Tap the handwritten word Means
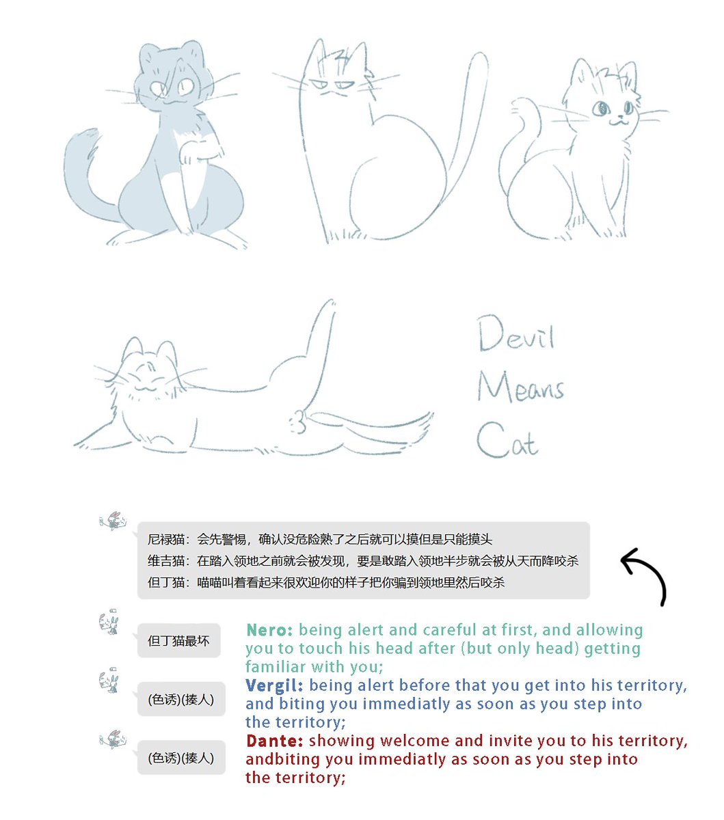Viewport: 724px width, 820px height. pos(520,387)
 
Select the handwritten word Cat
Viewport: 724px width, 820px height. pos(507,440)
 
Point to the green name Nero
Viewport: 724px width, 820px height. pos(269,630)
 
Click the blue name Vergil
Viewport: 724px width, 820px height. pos(274,685)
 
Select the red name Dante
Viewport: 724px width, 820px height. pos(275,741)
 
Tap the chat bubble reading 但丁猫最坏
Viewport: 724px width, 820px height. pos(178,641)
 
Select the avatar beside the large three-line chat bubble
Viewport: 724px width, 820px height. pos(113,521)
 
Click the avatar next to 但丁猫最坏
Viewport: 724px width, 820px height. pos(109,622)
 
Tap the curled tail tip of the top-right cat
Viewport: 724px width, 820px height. pos(520,105)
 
